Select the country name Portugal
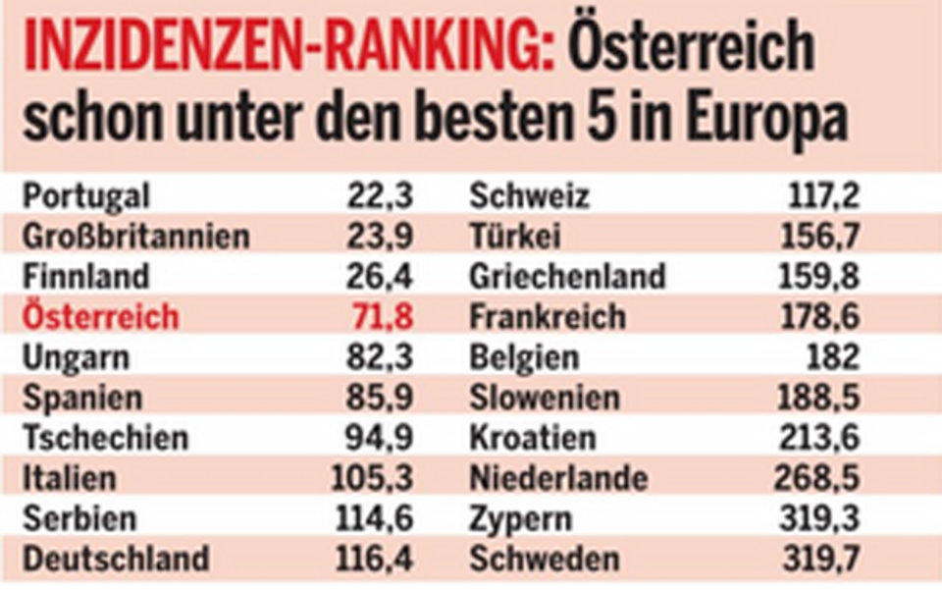coord(86,197)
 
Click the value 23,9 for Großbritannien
coord(380,236)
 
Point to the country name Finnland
coord(86,276)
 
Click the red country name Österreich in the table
coord(101,317)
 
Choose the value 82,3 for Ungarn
coord(380,357)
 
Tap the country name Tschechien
coord(105,438)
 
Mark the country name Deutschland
coord(116,560)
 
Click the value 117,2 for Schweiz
coord(824,196)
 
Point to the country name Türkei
coord(515,237)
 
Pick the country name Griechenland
coord(567,277)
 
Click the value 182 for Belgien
coord(833,357)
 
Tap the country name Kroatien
coord(533,438)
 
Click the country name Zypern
coord(520,519)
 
